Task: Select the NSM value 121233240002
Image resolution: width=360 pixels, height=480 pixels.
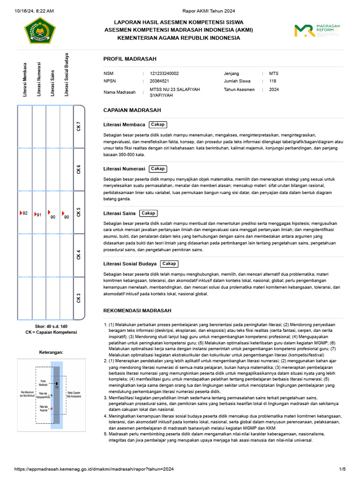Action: coord(164,74)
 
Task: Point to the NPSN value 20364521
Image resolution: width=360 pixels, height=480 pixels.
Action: coord(159,81)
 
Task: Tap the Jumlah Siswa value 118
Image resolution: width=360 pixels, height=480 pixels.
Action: coord(272,81)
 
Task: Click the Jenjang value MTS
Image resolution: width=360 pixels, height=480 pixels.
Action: coord(273,74)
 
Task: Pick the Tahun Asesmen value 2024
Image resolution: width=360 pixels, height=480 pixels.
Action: coord(274,89)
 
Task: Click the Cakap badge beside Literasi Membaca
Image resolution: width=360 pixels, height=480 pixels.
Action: coord(157,125)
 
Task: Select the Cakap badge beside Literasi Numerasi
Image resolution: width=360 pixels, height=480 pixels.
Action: coord(157,169)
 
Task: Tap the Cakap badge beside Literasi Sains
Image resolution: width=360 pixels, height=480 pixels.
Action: coord(148,213)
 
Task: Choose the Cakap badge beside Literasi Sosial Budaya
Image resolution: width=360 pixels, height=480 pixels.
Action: coord(169,264)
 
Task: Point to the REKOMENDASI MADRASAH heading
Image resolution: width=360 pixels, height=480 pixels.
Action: coord(137,311)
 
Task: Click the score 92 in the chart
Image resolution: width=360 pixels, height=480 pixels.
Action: coord(25,213)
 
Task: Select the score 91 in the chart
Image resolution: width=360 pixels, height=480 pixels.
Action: coord(39,215)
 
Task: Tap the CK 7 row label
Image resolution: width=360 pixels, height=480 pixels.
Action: coord(79,127)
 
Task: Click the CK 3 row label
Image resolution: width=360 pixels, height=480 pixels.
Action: coord(79,298)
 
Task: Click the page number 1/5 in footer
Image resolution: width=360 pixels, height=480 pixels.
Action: coord(342,469)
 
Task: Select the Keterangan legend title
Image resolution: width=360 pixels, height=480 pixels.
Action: coord(51,352)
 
